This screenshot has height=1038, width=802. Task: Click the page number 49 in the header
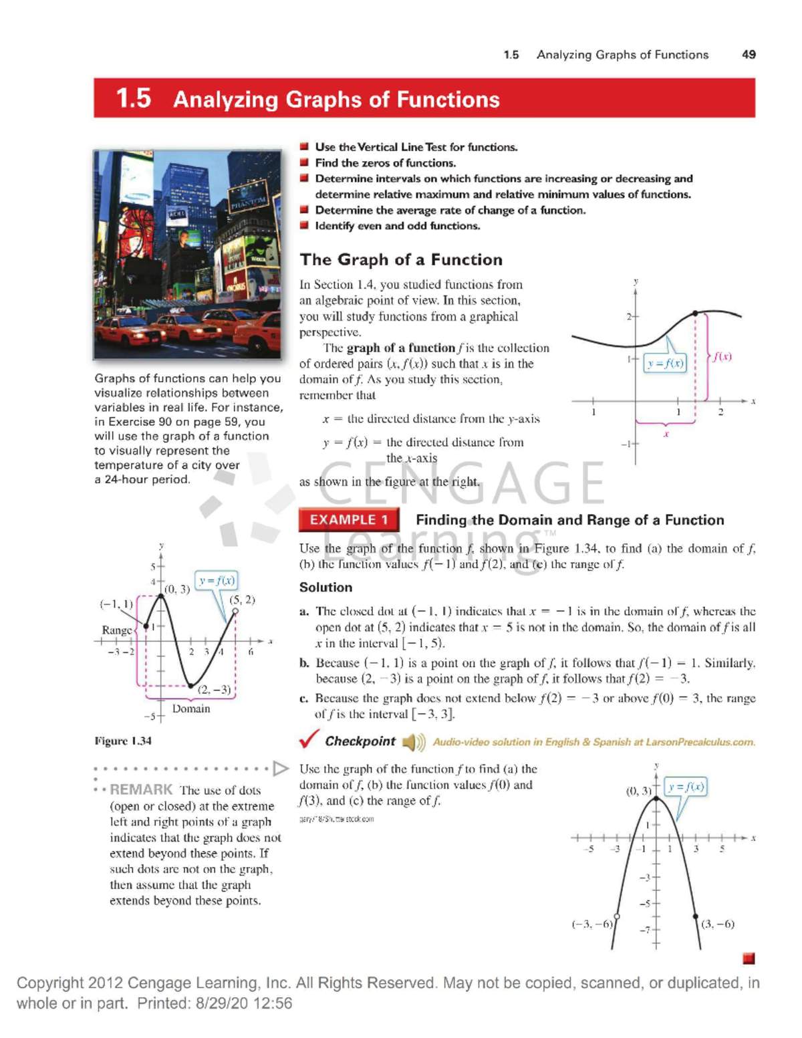pyautogui.click(x=749, y=55)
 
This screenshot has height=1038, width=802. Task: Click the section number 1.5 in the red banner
pyautogui.click(x=133, y=99)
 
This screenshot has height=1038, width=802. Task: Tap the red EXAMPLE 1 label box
pyautogui.click(x=348, y=520)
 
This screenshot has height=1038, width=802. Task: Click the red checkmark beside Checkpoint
pyautogui.click(x=309, y=739)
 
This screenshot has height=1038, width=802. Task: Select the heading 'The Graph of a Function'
pyautogui.click(x=400, y=260)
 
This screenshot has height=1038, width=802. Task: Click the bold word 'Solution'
pyautogui.click(x=325, y=588)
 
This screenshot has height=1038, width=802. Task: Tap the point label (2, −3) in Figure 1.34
pyautogui.click(x=214, y=690)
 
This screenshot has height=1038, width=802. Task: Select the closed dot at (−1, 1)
pyautogui.click(x=146, y=626)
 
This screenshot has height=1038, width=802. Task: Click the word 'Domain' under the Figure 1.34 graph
pyautogui.click(x=191, y=708)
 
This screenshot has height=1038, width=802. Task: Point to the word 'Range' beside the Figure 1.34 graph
pyautogui.click(x=116, y=630)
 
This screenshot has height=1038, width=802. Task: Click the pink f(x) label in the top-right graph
pyautogui.click(x=722, y=357)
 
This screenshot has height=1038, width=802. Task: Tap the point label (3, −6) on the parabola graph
pyautogui.click(x=718, y=924)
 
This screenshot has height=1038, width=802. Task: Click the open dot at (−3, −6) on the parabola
pyautogui.click(x=616, y=916)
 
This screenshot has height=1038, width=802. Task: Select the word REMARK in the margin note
pyautogui.click(x=141, y=789)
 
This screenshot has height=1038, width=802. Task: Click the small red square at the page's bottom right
pyautogui.click(x=749, y=958)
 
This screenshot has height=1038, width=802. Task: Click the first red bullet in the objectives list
pyautogui.click(x=304, y=146)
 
